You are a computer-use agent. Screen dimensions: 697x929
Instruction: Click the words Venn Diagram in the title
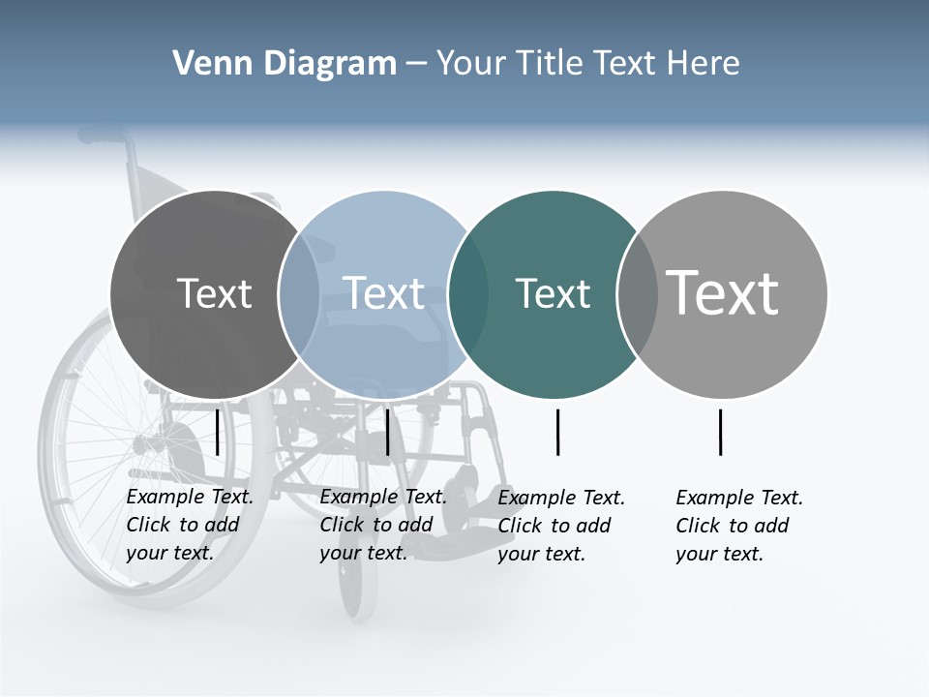[x=285, y=64]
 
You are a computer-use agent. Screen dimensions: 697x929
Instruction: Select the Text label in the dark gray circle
[x=214, y=293]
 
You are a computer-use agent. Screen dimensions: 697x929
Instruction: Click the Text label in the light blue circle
[x=383, y=293]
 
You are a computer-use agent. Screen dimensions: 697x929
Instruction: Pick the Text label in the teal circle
[x=553, y=293]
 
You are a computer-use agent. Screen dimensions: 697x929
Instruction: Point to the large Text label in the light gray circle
[x=723, y=292]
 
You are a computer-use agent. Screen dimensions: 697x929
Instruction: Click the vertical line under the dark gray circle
[x=218, y=432]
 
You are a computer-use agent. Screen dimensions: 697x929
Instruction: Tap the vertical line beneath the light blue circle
[x=388, y=432]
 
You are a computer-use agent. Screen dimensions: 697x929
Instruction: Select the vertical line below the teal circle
[x=558, y=432]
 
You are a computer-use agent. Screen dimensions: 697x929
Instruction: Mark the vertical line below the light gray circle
[x=721, y=432]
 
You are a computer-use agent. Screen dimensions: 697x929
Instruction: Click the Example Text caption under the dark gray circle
[x=189, y=525]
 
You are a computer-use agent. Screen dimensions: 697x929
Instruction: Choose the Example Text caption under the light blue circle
[x=382, y=525]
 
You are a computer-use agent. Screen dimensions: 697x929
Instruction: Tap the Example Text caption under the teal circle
[x=560, y=526]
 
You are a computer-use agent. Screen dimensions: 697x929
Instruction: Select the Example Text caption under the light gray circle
[x=738, y=526]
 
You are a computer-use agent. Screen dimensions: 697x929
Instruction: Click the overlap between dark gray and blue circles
[x=299, y=293]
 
